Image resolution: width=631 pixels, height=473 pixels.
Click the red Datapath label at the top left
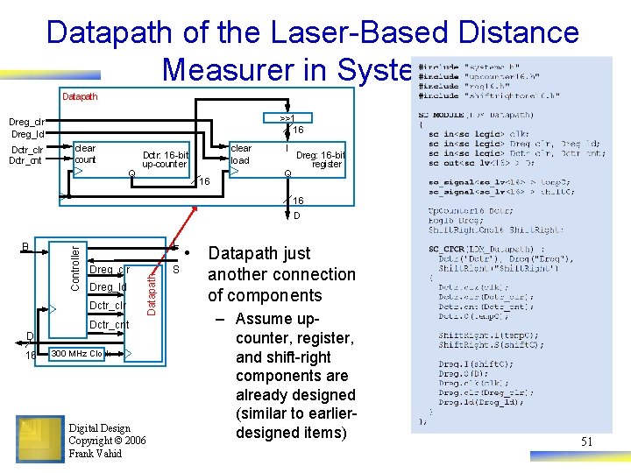coord(80,96)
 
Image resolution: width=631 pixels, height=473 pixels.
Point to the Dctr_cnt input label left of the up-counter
coord(25,160)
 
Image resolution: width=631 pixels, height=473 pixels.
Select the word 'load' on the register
coord(240,160)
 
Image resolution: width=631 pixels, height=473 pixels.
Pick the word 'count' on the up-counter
coord(85,160)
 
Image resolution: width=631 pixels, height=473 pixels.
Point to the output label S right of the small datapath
coord(175,270)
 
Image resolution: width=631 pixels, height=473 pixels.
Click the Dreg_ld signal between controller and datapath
coord(108,287)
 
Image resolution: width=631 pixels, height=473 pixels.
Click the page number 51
coord(586,441)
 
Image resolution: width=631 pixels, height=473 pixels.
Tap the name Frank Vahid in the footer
coord(95,454)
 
